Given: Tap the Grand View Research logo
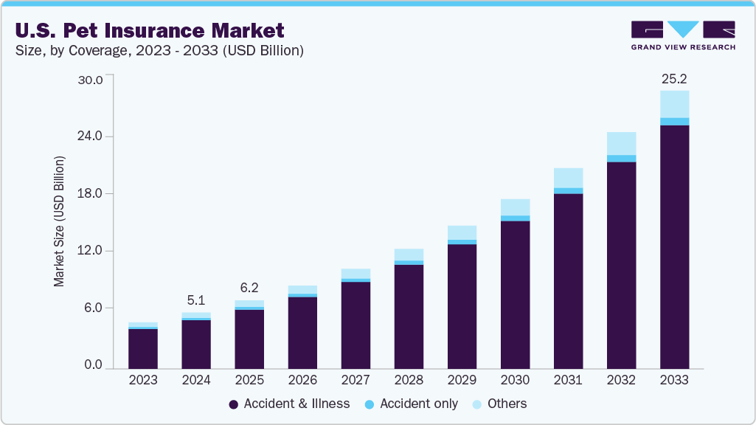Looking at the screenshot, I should [683, 35].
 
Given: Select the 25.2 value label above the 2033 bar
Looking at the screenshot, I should [674, 78].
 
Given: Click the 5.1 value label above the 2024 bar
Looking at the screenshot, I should [196, 300].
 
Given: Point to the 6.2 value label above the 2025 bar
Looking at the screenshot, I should [249, 288].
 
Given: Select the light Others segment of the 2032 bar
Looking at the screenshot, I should [621, 143].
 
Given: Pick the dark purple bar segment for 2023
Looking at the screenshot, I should [143, 348].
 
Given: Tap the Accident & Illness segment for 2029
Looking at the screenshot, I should [462, 306].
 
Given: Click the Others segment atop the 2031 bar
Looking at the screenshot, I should [568, 178].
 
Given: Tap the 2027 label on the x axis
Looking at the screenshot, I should [356, 381].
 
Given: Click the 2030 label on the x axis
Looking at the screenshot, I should [515, 381].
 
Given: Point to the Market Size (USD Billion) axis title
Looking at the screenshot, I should [59, 221].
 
